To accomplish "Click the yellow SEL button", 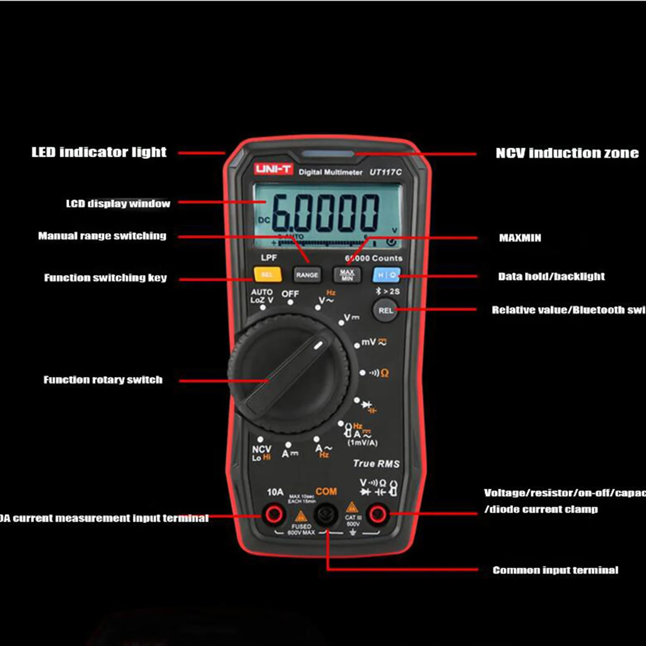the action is pyautogui.click(x=267, y=274).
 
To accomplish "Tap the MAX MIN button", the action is pyautogui.click(x=347, y=274).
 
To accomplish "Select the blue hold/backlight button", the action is pyautogui.click(x=386, y=275).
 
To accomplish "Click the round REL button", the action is pyautogui.click(x=385, y=311).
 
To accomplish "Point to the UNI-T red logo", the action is pyautogui.click(x=273, y=169).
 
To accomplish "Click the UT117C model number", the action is pyautogui.click(x=385, y=172).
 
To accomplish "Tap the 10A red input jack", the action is pyautogui.click(x=274, y=514).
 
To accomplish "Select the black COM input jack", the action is pyautogui.click(x=326, y=514).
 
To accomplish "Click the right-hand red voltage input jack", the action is pyautogui.click(x=378, y=514).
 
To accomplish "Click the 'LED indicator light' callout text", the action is pyautogui.click(x=99, y=152).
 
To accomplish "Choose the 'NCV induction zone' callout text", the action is pyautogui.click(x=567, y=153).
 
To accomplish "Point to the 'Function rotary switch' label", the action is pyautogui.click(x=103, y=379).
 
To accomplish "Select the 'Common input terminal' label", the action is pyautogui.click(x=555, y=570).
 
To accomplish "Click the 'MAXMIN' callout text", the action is pyautogui.click(x=520, y=238).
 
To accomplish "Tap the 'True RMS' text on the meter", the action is pyautogui.click(x=376, y=463).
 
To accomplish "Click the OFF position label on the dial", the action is pyautogui.click(x=290, y=294).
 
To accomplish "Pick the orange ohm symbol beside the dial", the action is pyautogui.click(x=385, y=373).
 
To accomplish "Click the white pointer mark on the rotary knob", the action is pyautogui.click(x=318, y=345).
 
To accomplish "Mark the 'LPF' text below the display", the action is pyautogui.click(x=269, y=258).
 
